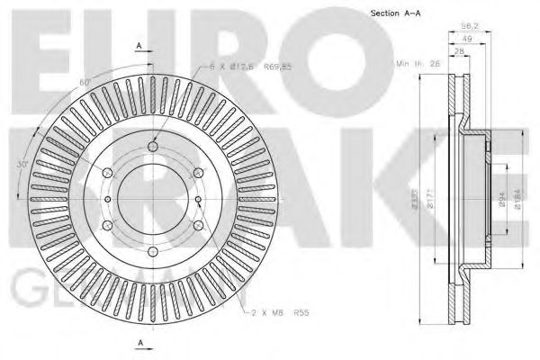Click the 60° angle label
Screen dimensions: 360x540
pyautogui.click(x=85, y=82)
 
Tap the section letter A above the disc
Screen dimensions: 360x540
pyautogui.click(x=139, y=44)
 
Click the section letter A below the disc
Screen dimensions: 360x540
pyautogui.click(x=139, y=343)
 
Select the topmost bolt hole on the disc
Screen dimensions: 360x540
pyautogui.click(x=153, y=147)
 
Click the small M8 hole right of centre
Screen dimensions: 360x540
pyautogui.click(x=196, y=199)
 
